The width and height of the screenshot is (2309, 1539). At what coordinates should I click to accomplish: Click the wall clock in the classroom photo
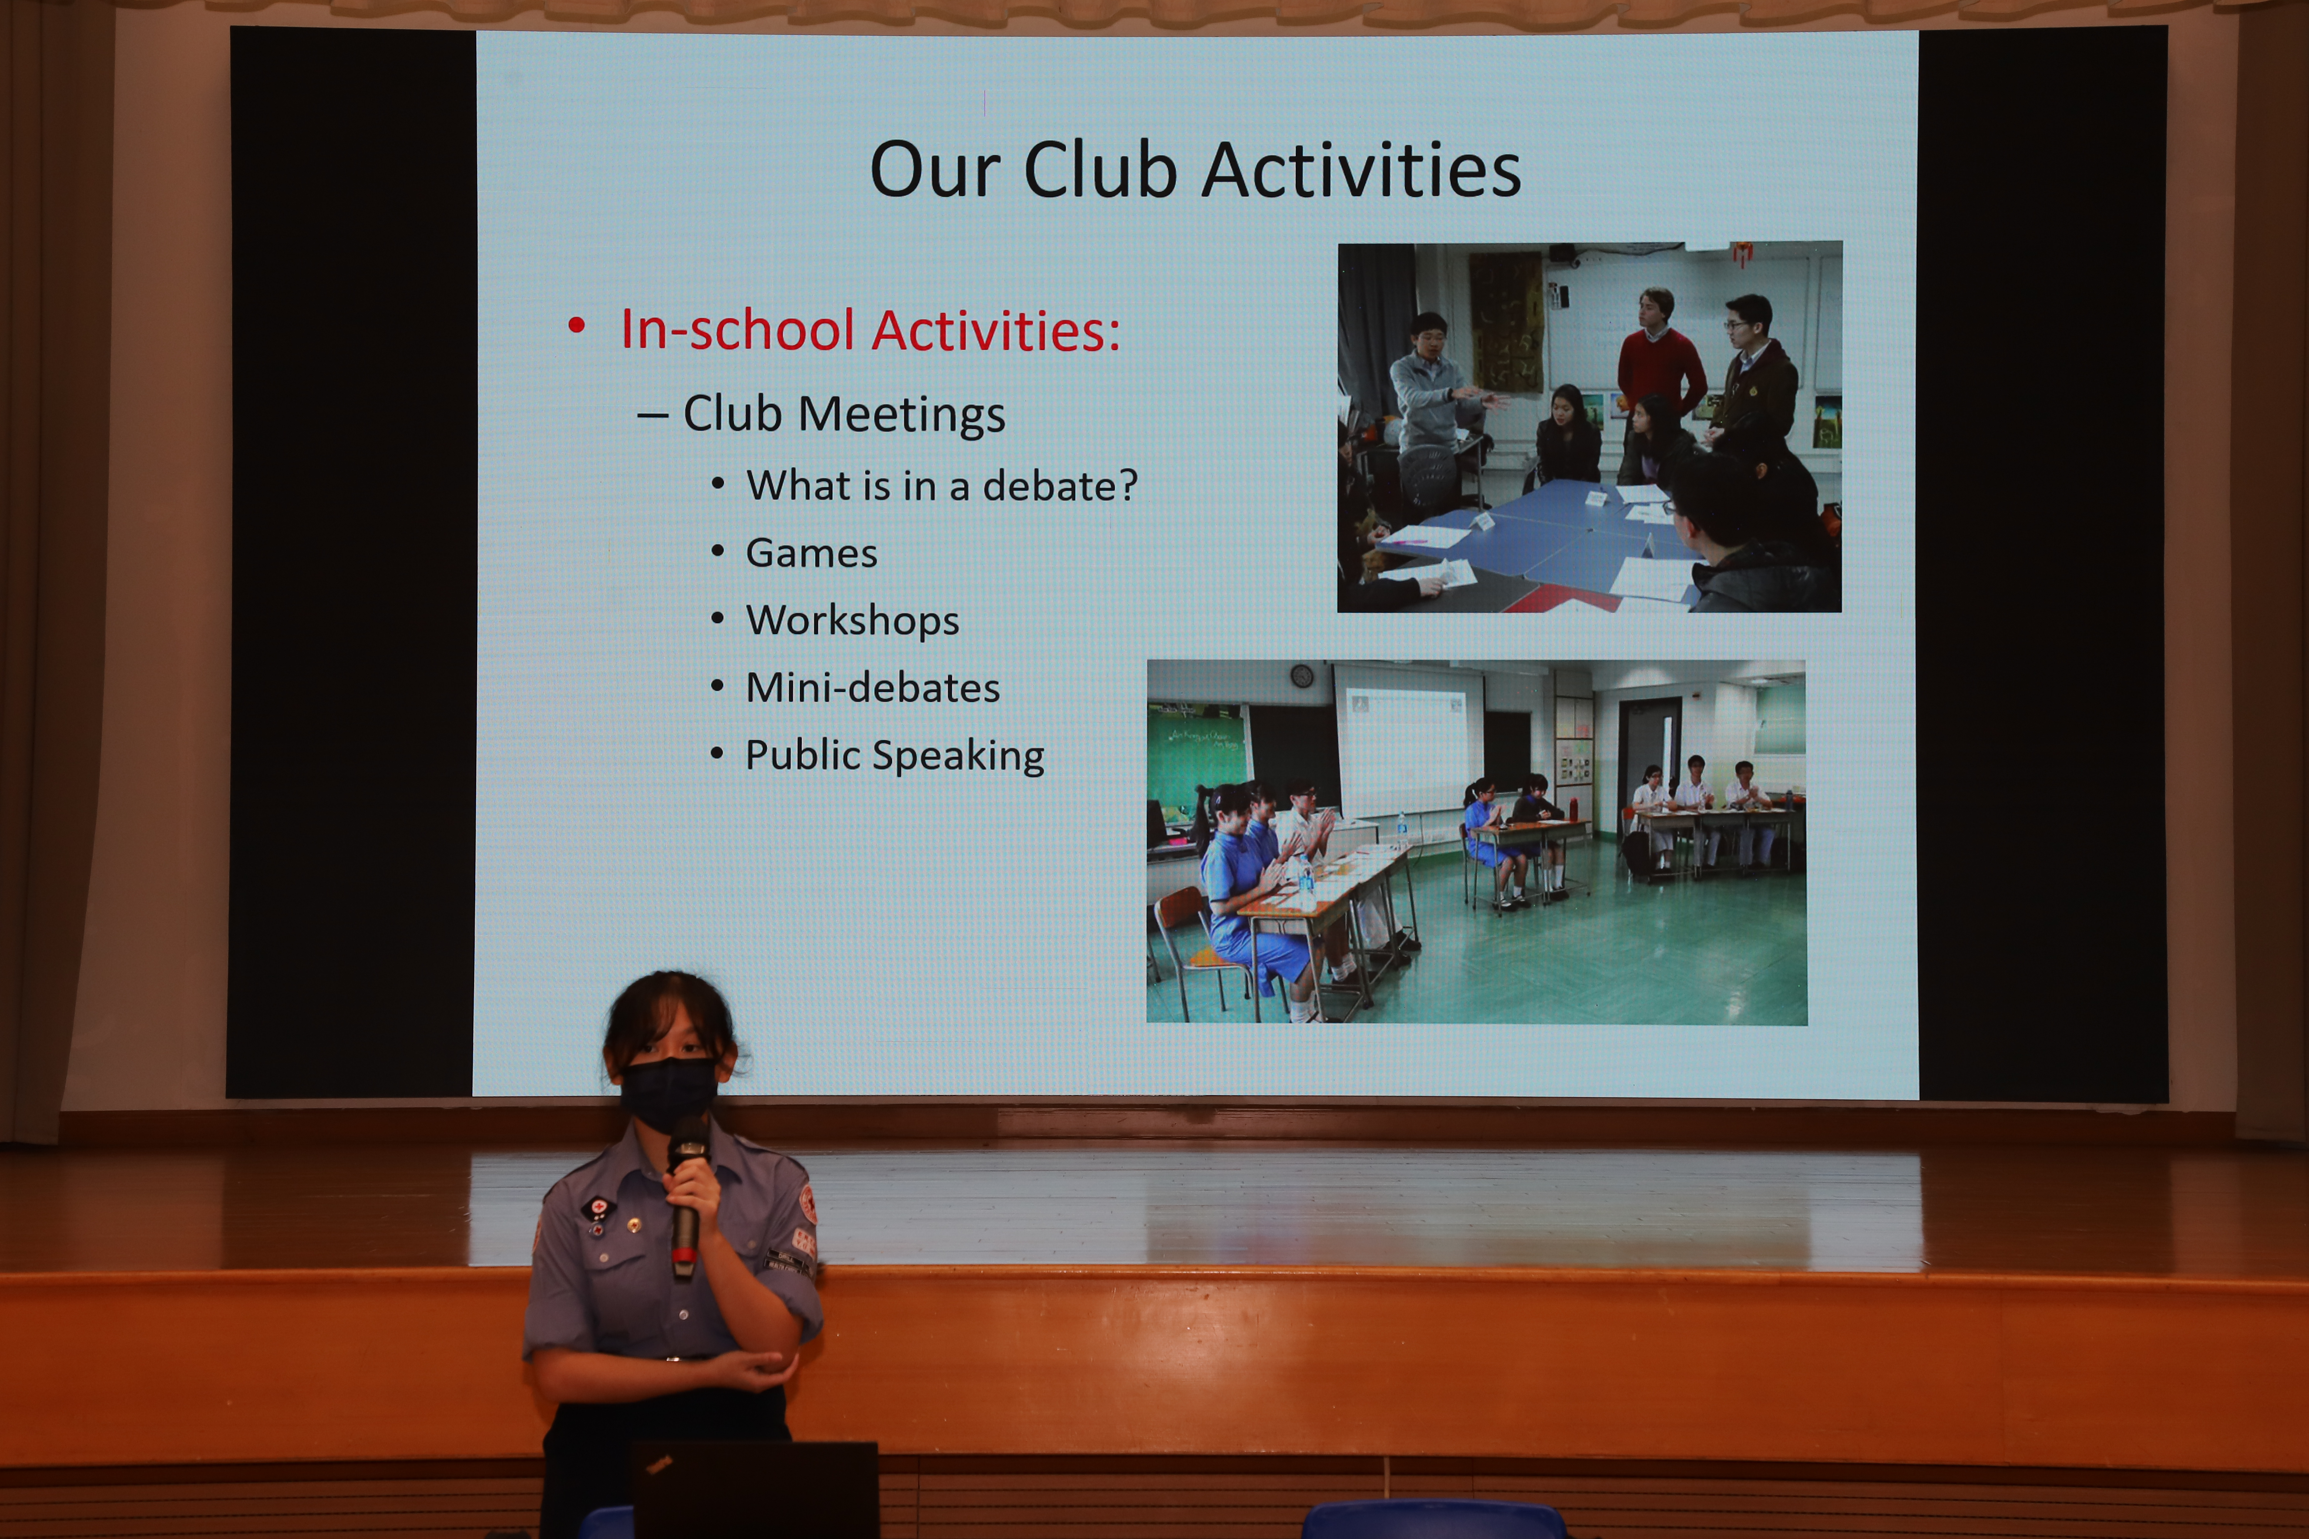pos(1302,676)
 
